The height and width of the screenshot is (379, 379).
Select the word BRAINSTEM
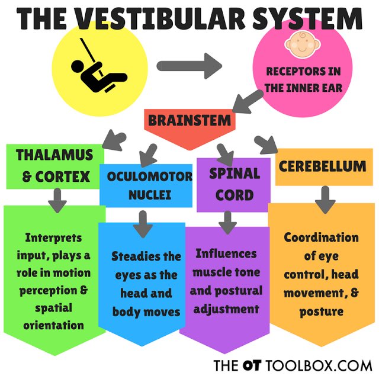pyautogui.click(x=189, y=120)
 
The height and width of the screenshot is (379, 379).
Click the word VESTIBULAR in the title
pyautogui.click(x=181, y=20)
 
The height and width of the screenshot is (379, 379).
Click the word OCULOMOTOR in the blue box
pyautogui.click(x=150, y=176)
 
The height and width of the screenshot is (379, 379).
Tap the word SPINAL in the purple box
pyautogui.click(x=234, y=174)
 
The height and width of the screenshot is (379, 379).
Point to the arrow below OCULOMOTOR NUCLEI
pyautogui.click(x=142, y=223)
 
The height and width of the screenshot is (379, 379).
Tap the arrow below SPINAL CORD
pyautogui.click(x=227, y=223)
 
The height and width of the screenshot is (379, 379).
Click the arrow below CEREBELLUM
pyautogui.click(x=325, y=200)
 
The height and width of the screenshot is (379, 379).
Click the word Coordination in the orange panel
pyautogui.click(x=321, y=238)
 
